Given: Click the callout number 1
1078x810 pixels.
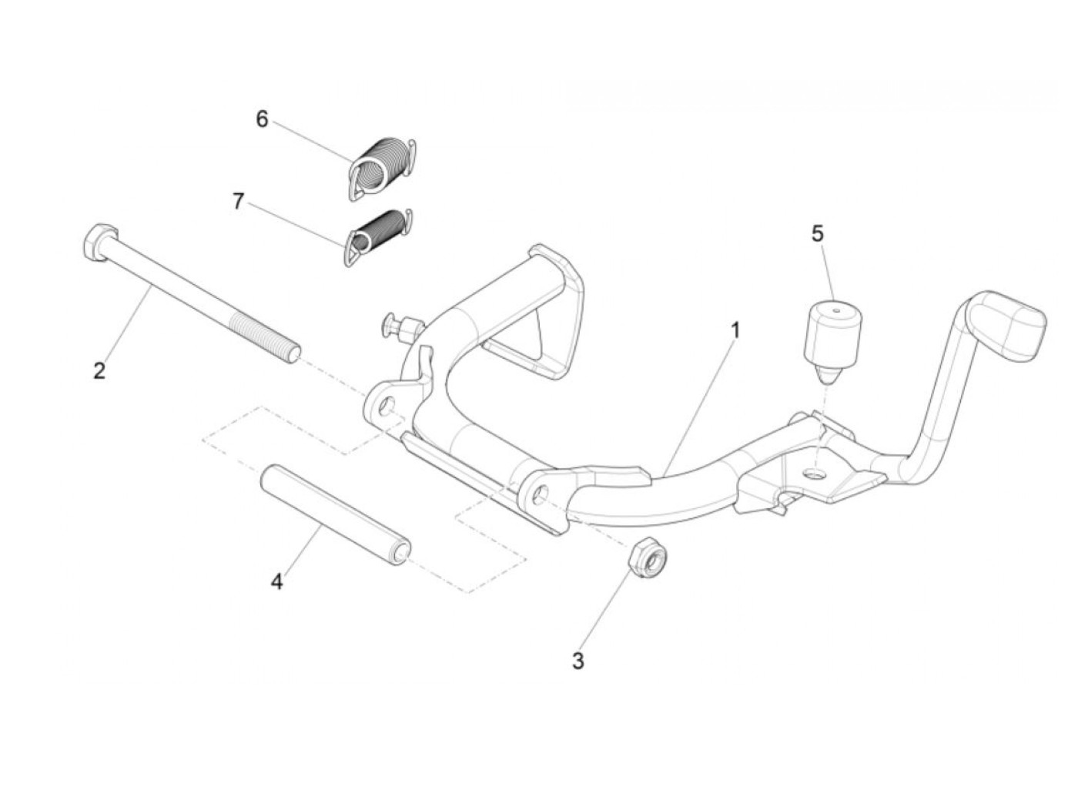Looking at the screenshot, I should point(735,331).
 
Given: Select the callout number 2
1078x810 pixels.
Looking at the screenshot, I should point(99,371).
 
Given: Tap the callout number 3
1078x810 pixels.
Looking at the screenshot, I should point(577,661).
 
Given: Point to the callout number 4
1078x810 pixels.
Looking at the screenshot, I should point(276,581).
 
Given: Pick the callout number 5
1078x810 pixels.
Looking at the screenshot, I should point(817,232).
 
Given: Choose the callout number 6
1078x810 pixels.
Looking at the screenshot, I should point(262,120).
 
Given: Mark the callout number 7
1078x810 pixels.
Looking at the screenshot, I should point(238,202).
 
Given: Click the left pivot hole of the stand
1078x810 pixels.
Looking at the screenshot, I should point(384,405).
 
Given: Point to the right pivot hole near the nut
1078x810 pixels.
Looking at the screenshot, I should point(541,494).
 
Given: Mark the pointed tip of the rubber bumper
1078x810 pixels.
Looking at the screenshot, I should point(828,378).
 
